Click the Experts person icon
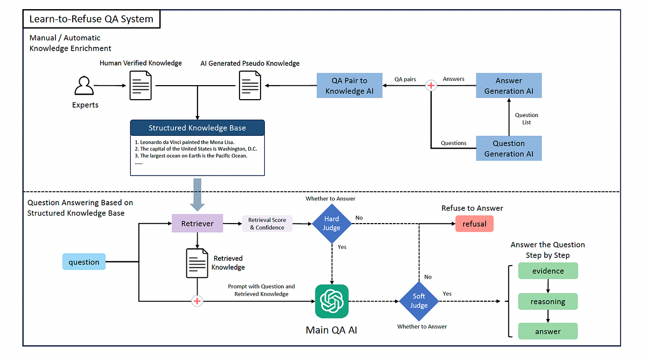click(x=84, y=86)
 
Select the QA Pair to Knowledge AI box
click(x=349, y=86)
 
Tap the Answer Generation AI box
click(x=509, y=86)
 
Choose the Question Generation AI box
click(x=509, y=148)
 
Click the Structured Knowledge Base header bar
click(x=197, y=128)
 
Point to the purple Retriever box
click(x=197, y=224)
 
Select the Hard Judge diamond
click(x=332, y=224)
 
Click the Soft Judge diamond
click(x=419, y=301)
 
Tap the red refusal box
click(x=474, y=224)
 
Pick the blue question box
click(x=84, y=262)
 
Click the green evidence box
click(x=548, y=270)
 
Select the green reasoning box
click(x=548, y=301)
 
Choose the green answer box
click(x=548, y=331)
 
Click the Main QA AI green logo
click(x=332, y=301)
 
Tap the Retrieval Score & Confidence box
click(x=267, y=224)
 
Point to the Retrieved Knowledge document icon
click(x=197, y=263)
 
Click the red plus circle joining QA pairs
click(x=431, y=86)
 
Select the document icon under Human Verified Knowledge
click(x=141, y=86)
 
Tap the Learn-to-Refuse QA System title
click(x=92, y=19)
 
